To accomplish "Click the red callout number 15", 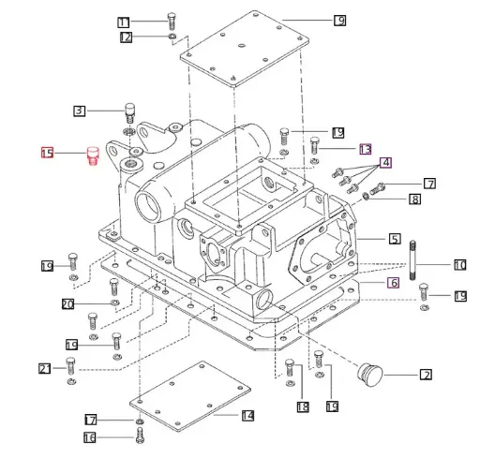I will [x=47, y=152].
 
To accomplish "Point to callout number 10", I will [x=459, y=265].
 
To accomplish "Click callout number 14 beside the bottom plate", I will [x=247, y=415].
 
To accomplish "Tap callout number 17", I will [x=90, y=420].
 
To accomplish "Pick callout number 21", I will [x=43, y=368].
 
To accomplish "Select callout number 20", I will [x=67, y=303].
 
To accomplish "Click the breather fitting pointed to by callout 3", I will [x=130, y=113].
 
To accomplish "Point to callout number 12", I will [x=126, y=37].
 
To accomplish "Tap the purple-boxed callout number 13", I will [x=365, y=149].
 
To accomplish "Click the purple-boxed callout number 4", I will [x=385, y=162].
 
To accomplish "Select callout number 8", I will [x=414, y=199].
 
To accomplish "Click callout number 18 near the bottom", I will [x=302, y=406].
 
